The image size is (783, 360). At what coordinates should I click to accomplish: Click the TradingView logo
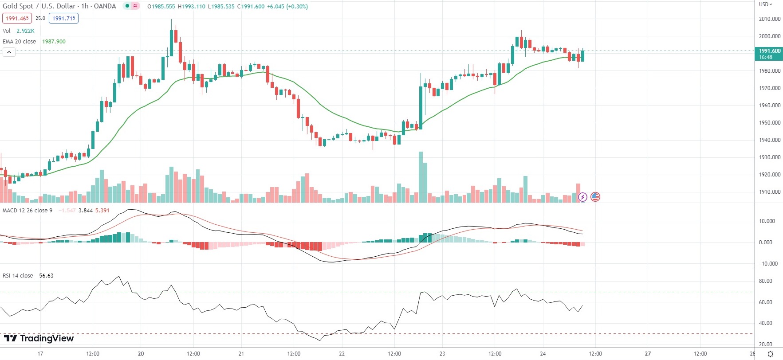pyautogui.click(x=39, y=338)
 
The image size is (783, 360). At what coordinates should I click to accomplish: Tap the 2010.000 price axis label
pyautogui.click(x=769, y=19)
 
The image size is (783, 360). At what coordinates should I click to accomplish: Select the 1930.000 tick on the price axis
pyautogui.click(x=769, y=157)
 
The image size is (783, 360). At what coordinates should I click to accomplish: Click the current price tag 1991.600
pyautogui.click(x=768, y=54)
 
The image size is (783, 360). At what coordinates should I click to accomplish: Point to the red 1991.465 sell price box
pyautogui.click(x=17, y=18)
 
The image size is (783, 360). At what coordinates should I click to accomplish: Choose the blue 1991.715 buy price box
pyautogui.click(x=63, y=18)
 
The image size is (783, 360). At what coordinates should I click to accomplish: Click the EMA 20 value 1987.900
pyautogui.click(x=54, y=42)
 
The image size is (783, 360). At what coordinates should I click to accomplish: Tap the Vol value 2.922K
pyautogui.click(x=25, y=31)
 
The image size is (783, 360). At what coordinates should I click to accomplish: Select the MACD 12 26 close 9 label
pyautogui.click(x=28, y=211)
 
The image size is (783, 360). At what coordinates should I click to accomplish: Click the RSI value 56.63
pyautogui.click(x=46, y=276)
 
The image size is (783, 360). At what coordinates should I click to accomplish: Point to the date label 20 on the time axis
pyautogui.click(x=141, y=354)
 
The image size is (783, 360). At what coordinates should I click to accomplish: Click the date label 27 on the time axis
pyautogui.click(x=648, y=354)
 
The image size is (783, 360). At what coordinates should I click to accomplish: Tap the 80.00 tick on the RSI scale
pyautogui.click(x=766, y=281)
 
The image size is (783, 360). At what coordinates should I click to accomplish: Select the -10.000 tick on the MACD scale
pyautogui.click(x=768, y=264)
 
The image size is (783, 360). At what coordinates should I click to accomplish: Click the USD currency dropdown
pyautogui.click(x=765, y=4)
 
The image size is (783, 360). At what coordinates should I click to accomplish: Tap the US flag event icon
pyautogui.click(x=595, y=197)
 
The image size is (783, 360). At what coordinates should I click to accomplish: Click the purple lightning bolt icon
pyautogui.click(x=582, y=197)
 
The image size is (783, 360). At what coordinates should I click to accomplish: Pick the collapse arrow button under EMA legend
pyautogui.click(x=9, y=52)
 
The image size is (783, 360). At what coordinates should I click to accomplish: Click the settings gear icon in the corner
pyautogui.click(x=771, y=354)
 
